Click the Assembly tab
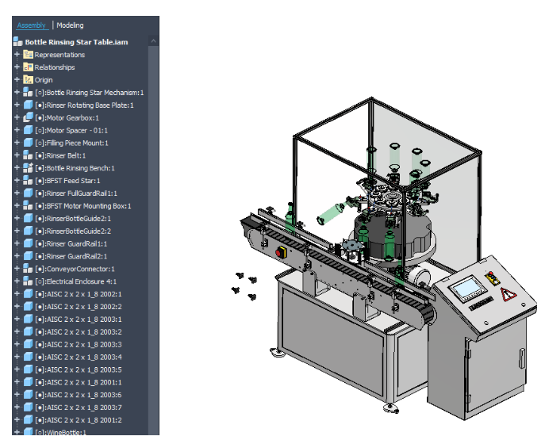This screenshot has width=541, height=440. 32,25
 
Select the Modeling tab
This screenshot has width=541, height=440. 70,25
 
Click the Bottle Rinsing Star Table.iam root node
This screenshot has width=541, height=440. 76,42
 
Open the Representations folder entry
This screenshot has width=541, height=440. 59,55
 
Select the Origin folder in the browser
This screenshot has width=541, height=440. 43,80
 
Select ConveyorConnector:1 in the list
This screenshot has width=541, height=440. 80,269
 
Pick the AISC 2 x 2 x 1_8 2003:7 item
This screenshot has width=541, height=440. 83,407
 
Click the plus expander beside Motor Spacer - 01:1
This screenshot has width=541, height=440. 17,130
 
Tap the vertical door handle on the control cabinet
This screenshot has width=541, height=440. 466,349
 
